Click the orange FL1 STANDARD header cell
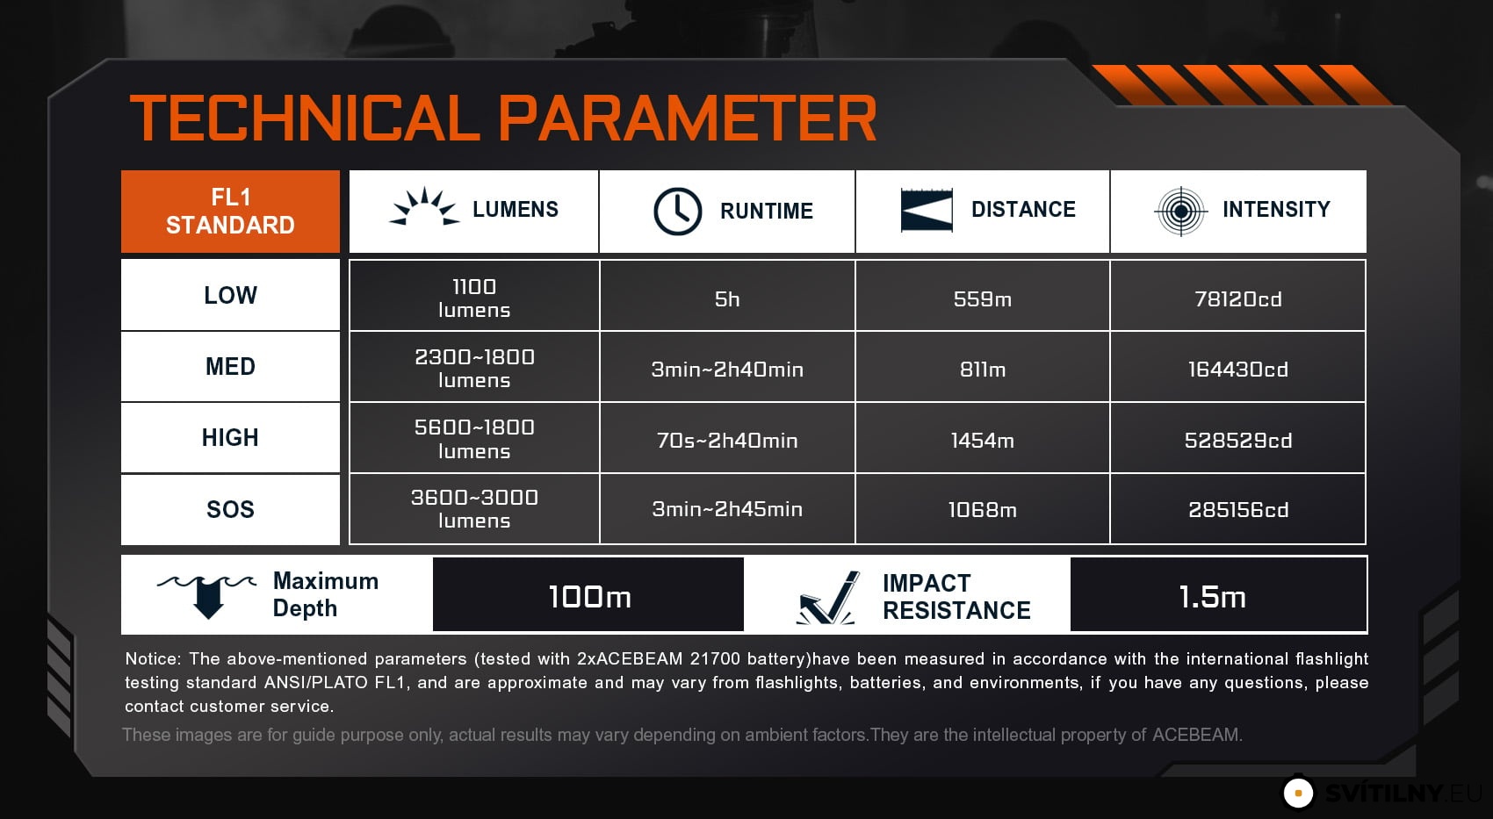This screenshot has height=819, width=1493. (230, 212)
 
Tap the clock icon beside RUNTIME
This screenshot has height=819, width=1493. (677, 212)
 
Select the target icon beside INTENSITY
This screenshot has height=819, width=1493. (1180, 212)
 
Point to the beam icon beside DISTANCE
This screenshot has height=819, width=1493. (927, 210)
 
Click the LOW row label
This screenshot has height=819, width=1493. (230, 295)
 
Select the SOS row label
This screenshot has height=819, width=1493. (230, 509)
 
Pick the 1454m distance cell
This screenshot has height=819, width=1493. (983, 440)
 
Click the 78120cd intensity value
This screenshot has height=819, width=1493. (1237, 299)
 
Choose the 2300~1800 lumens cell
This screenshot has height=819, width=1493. (474, 367)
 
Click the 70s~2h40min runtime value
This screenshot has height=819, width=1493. (727, 441)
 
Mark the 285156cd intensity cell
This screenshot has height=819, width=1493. (1237, 509)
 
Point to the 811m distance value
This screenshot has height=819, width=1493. (983, 370)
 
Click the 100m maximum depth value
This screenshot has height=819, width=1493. (589, 596)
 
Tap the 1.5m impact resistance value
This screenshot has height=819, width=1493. (1212, 596)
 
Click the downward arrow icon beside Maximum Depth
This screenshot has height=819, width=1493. (207, 596)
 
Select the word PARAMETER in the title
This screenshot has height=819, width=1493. (687, 118)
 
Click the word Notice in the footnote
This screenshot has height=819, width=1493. (153, 658)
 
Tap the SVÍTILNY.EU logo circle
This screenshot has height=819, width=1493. (1298, 793)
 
